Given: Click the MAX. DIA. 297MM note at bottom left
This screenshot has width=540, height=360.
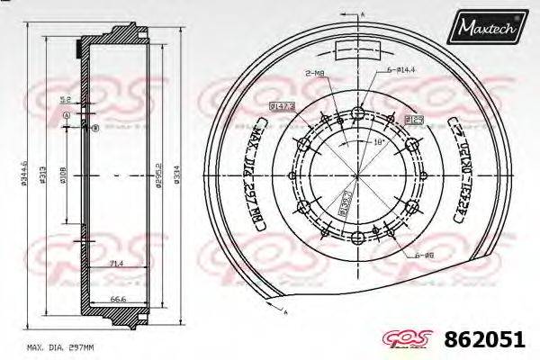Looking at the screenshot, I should point(60,346).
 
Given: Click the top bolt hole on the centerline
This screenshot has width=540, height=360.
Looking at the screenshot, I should point(358,112).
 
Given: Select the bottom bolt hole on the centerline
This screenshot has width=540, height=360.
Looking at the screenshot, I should point(358,237).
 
